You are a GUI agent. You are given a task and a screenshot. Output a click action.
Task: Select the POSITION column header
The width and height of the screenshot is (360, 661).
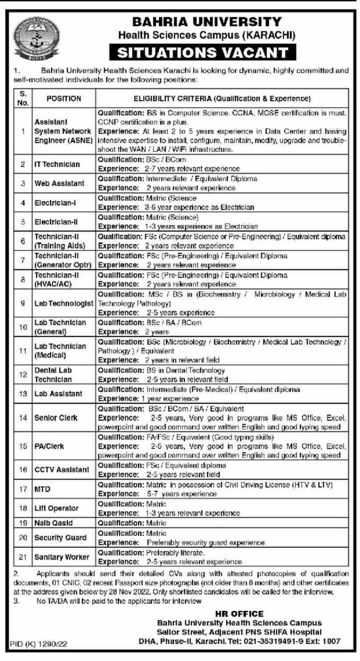click(x=64, y=99)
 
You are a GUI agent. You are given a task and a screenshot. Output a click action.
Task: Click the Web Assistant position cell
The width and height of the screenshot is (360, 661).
click(x=59, y=183)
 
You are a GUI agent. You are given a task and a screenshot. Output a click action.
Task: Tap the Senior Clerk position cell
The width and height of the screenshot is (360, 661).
click(x=55, y=417)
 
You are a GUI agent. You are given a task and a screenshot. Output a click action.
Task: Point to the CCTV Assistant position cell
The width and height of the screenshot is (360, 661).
click(x=62, y=469)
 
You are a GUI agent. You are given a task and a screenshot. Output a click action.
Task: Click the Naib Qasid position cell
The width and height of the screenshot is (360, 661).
click(x=53, y=522)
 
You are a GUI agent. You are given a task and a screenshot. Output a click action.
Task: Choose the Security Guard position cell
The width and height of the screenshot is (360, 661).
click(x=60, y=538)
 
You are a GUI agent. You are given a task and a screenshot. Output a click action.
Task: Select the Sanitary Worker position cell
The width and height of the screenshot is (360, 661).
click(x=61, y=557)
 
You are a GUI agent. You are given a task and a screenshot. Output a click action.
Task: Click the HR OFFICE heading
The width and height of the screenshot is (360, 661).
click(x=239, y=614)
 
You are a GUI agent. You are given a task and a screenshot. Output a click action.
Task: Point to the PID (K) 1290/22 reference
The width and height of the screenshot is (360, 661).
click(x=39, y=645)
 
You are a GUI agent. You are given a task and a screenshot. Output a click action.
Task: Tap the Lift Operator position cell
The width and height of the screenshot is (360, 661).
click(x=56, y=508)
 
